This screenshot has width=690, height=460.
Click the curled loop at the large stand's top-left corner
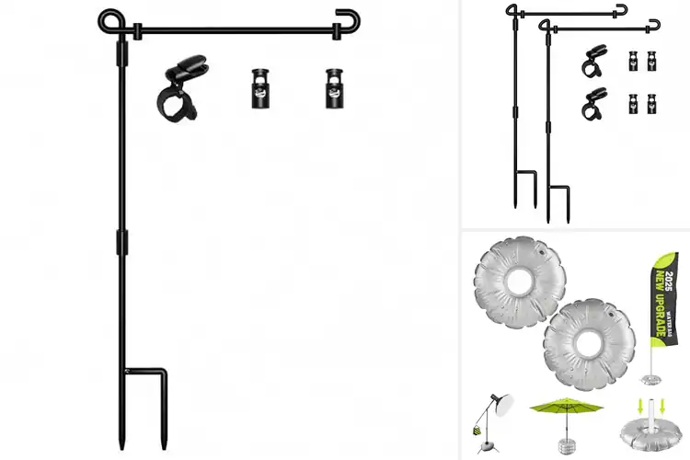click(110, 19)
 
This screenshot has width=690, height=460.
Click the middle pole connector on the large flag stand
click(119, 242)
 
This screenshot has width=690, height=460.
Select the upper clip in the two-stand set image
click(592, 63)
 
